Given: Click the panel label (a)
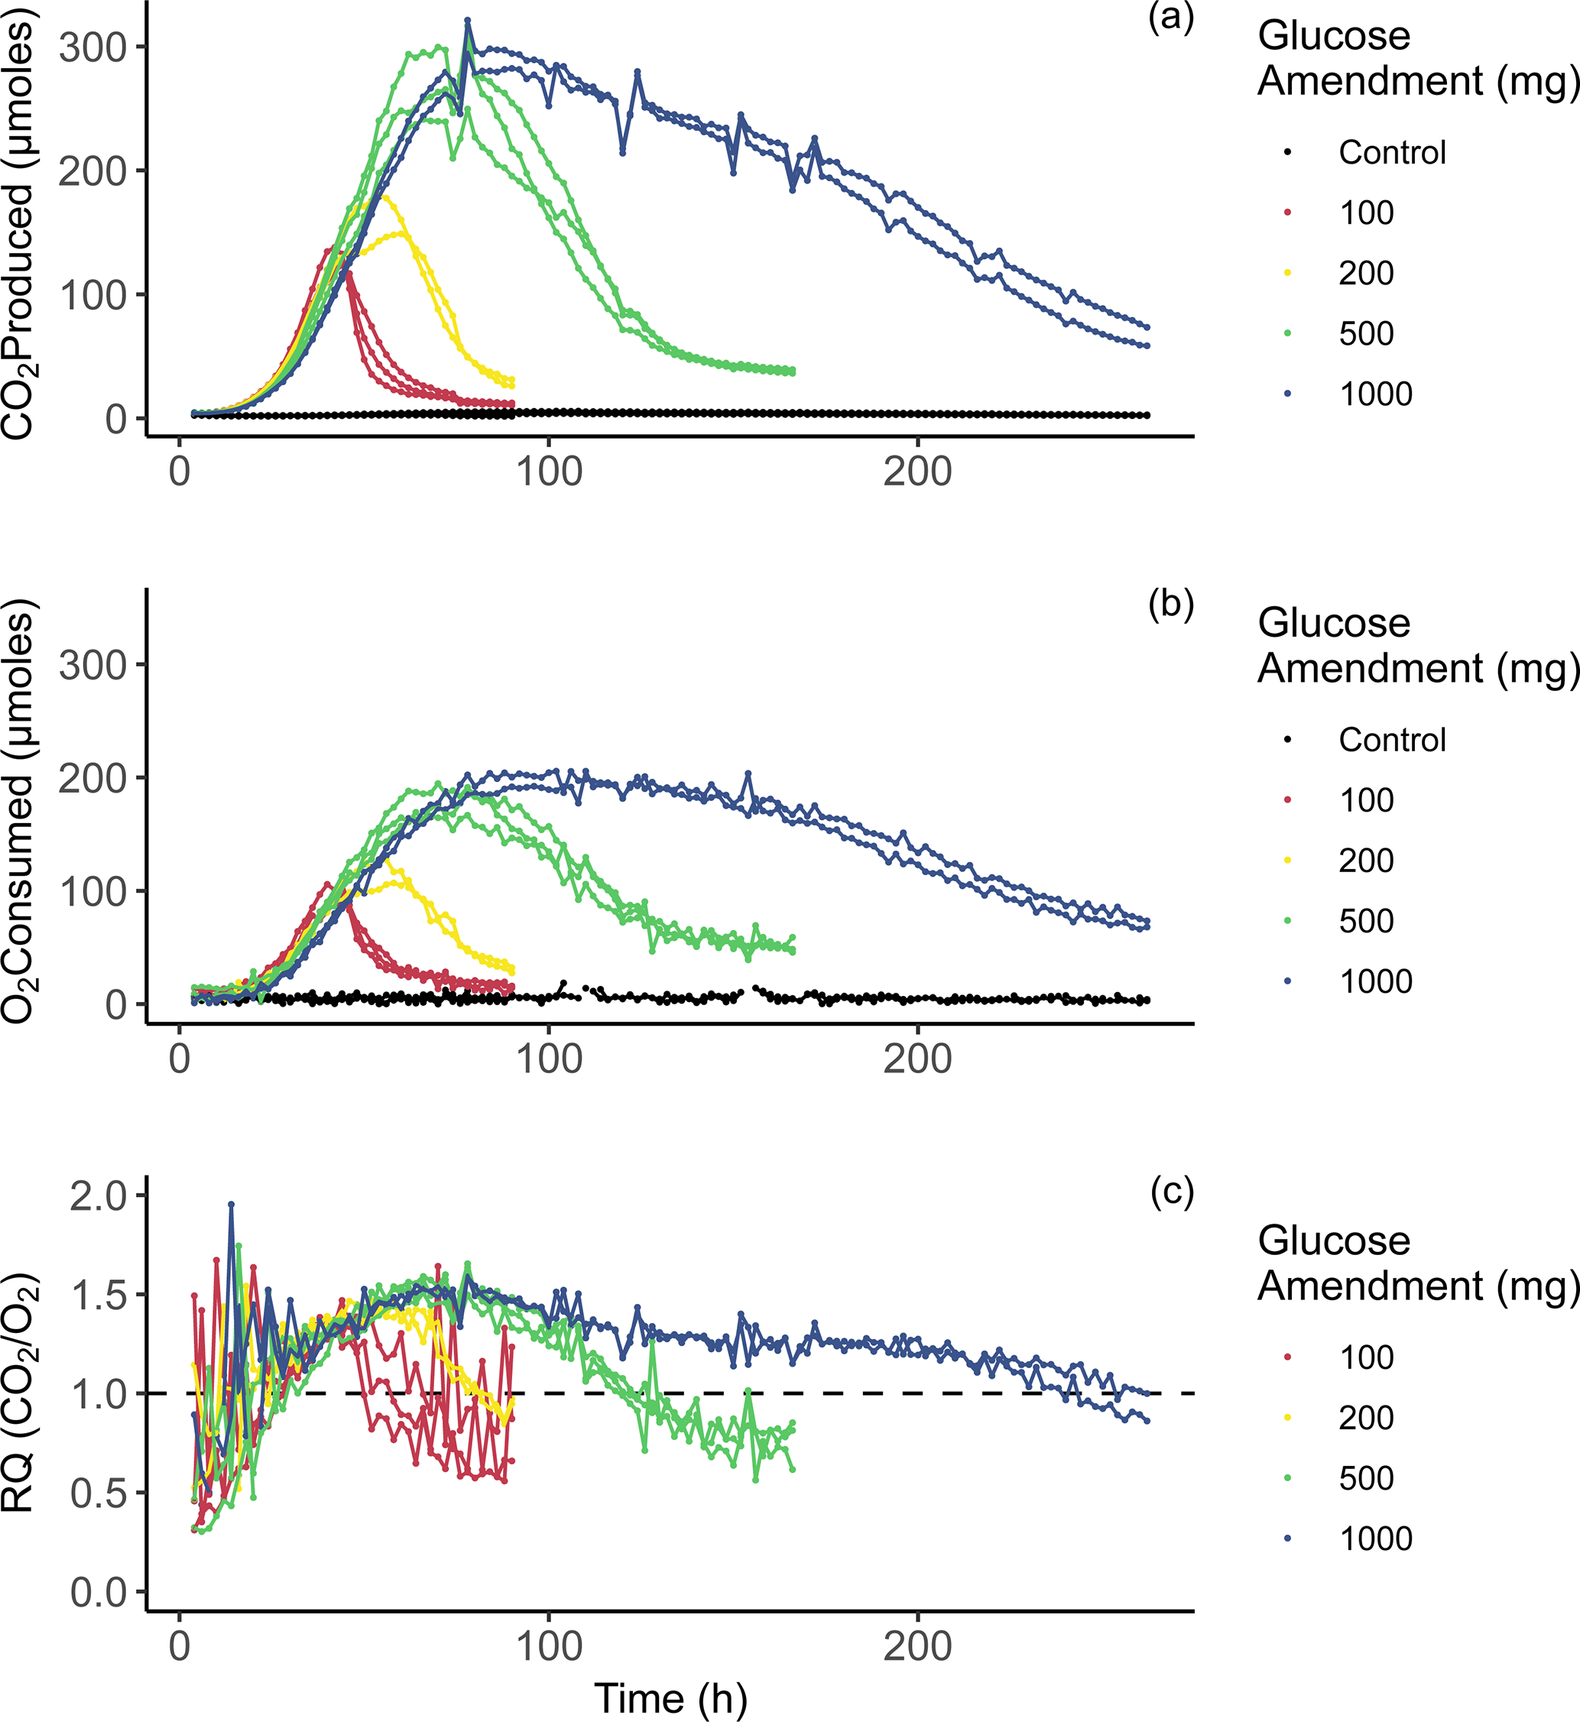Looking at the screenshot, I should [1170, 19].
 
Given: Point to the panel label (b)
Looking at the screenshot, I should [1170, 605].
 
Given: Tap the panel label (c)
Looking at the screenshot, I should [1170, 1192].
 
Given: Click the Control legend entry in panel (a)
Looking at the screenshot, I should [1391, 153].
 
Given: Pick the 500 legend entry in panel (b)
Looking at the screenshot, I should [1365, 921].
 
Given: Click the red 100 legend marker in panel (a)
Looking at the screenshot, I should [1286, 213].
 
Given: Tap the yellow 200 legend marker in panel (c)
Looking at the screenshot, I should [1286, 1418].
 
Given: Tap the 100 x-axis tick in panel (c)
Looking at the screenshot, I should [548, 1647].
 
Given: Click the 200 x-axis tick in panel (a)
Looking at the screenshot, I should [917, 472].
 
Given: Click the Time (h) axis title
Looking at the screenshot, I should [670, 1698].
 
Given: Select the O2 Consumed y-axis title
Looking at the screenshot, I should [19, 810].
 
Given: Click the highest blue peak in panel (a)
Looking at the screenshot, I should [467, 20].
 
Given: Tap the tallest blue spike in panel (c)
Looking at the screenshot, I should [231, 1204].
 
